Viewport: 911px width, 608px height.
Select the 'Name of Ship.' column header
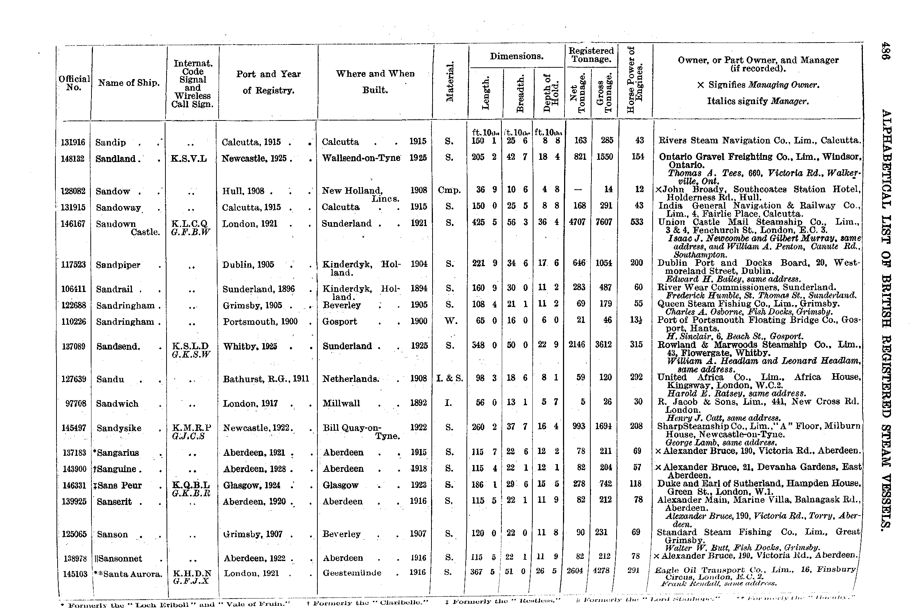point(129,83)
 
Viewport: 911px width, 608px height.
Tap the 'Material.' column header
point(450,82)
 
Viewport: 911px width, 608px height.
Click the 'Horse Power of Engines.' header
point(635,79)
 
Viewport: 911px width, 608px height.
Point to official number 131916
point(73,142)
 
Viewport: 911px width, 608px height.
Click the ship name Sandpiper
point(118,265)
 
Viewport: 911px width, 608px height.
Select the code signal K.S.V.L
point(188,159)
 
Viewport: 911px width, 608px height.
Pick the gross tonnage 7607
point(604,222)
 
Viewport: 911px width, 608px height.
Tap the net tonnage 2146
point(576,344)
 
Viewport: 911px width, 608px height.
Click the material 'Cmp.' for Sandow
point(449,190)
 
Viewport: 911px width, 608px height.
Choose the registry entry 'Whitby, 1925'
point(250,346)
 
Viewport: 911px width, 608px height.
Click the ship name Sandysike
point(119,428)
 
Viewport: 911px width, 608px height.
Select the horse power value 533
point(637,222)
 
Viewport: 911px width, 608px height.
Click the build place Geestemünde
point(352,573)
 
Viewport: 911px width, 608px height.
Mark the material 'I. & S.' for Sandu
point(449,378)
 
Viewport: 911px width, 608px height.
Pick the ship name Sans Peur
point(119,485)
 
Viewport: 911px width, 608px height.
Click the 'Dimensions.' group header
point(516,56)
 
